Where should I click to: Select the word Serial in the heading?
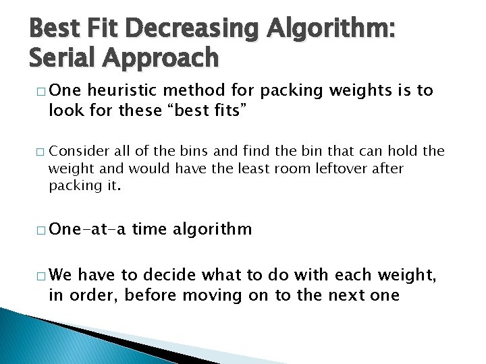click(x=60, y=59)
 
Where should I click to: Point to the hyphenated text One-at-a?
click(x=87, y=229)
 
